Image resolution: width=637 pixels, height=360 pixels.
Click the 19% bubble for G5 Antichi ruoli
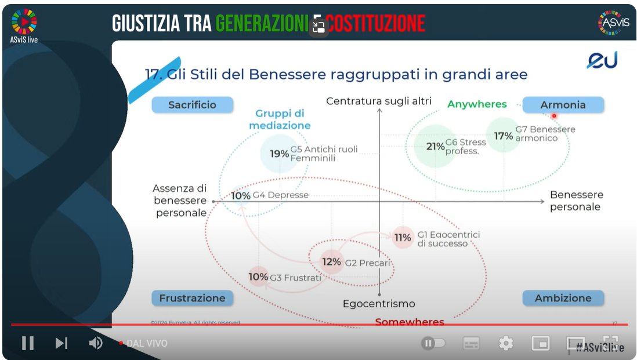pyautogui.click(x=280, y=154)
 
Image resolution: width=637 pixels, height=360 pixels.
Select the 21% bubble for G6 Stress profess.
pyautogui.click(x=435, y=147)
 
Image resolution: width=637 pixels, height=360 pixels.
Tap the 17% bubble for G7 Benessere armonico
pyautogui.click(x=503, y=136)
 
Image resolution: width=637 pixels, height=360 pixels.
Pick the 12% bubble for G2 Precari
pyautogui.click(x=331, y=261)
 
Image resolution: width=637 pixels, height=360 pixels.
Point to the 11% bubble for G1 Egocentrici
pyautogui.click(x=403, y=237)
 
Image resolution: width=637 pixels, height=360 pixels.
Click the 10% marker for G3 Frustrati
pyautogui.click(x=258, y=277)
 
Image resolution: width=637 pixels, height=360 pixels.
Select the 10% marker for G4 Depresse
pyautogui.click(x=241, y=195)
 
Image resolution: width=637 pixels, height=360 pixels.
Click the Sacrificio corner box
pyautogui.click(x=192, y=105)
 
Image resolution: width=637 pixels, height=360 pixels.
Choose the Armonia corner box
pyautogui.click(x=563, y=105)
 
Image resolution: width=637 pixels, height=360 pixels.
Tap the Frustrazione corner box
pyautogui.click(x=192, y=298)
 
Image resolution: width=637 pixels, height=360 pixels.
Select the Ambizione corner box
pyautogui.click(x=563, y=298)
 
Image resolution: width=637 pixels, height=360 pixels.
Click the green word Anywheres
pyautogui.click(x=477, y=104)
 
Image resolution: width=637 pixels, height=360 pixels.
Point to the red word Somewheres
pyautogui.click(x=410, y=322)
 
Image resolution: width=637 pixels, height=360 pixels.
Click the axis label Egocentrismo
pyautogui.click(x=379, y=303)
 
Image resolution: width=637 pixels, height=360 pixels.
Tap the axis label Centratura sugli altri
pyautogui.click(x=379, y=101)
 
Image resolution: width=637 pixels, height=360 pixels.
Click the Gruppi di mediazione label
pyautogui.click(x=280, y=119)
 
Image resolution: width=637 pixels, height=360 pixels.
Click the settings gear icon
pyautogui.click(x=506, y=344)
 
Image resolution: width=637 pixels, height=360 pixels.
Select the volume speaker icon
pyautogui.click(x=96, y=343)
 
